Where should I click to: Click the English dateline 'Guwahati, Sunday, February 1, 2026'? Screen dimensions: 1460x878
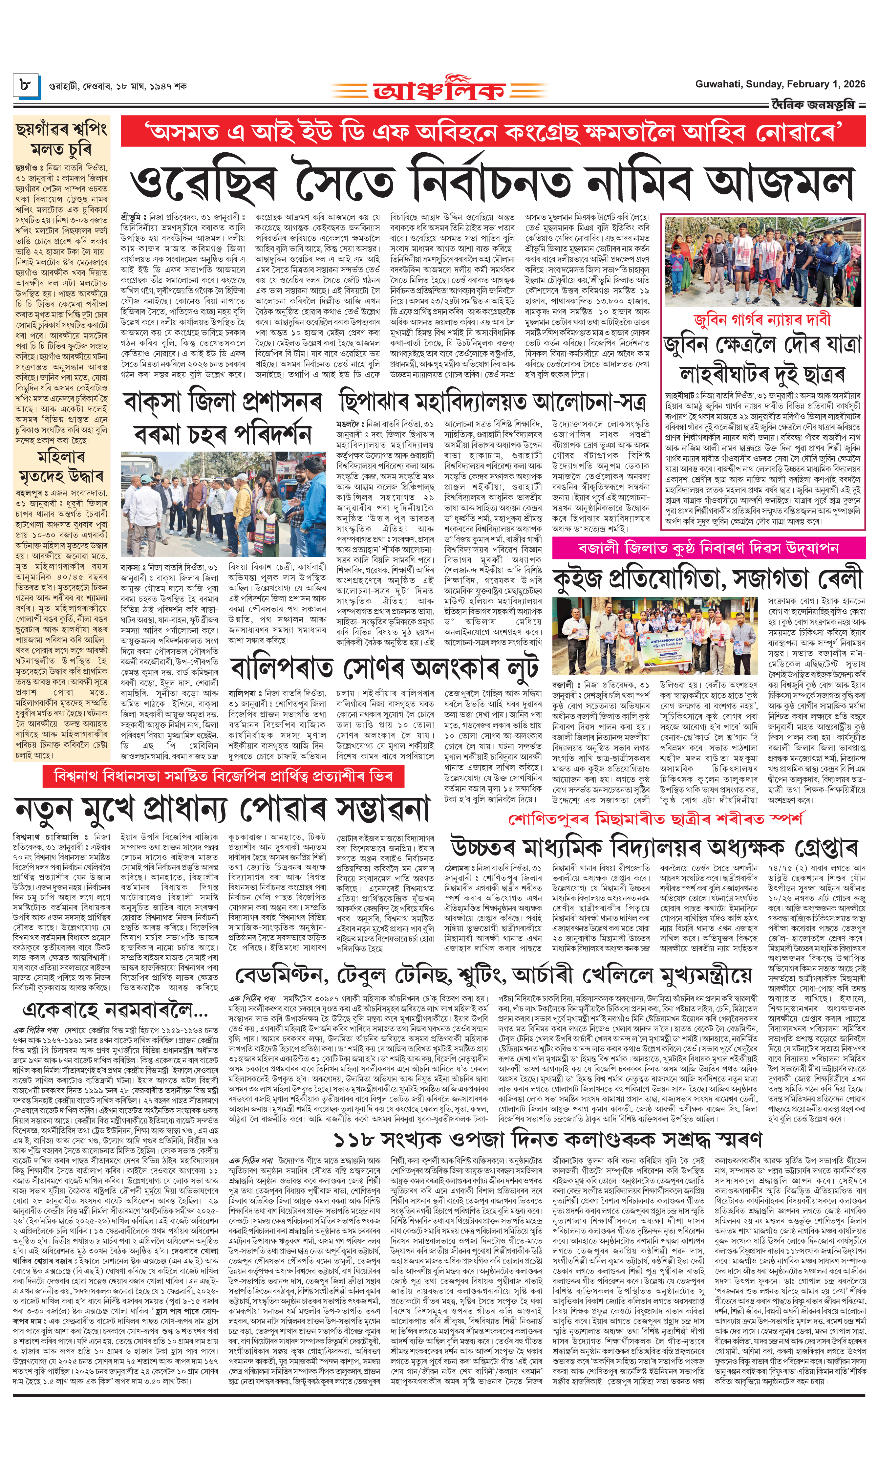(x=780, y=85)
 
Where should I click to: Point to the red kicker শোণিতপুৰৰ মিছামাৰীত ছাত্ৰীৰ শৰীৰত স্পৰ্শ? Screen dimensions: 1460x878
(x=655, y=818)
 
